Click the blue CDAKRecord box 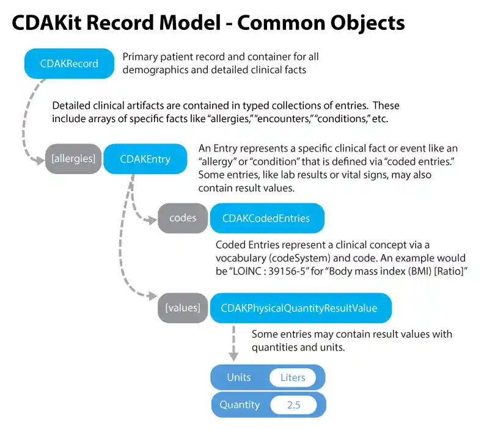coord(69,64)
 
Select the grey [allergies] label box coord(73,159)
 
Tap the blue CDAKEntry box coord(145,159)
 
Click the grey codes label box coord(183,218)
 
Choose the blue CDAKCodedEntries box coord(266,218)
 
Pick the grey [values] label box coord(182,308)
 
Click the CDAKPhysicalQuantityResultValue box coord(299,308)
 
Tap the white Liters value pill coord(292,377)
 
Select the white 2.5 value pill coord(293,404)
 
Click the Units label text coord(238,377)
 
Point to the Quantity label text coord(240,404)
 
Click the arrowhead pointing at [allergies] coord(39,160)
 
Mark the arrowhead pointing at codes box coord(152,219)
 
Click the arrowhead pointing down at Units coord(233,357)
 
